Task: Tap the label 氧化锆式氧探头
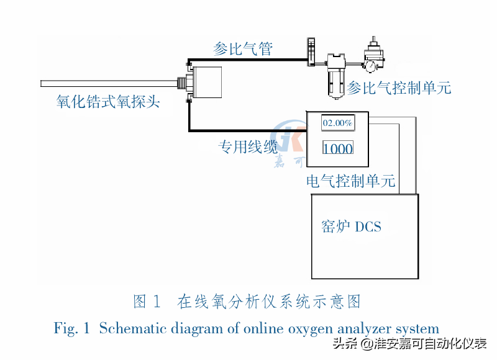(x=108, y=101)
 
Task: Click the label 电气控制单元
(x=351, y=182)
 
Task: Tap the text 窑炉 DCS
(x=351, y=226)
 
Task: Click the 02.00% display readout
(x=337, y=123)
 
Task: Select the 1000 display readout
(x=338, y=148)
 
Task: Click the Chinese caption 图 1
(x=147, y=302)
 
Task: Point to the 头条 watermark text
(x=344, y=344)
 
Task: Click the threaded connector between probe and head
(x=182, y=81)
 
